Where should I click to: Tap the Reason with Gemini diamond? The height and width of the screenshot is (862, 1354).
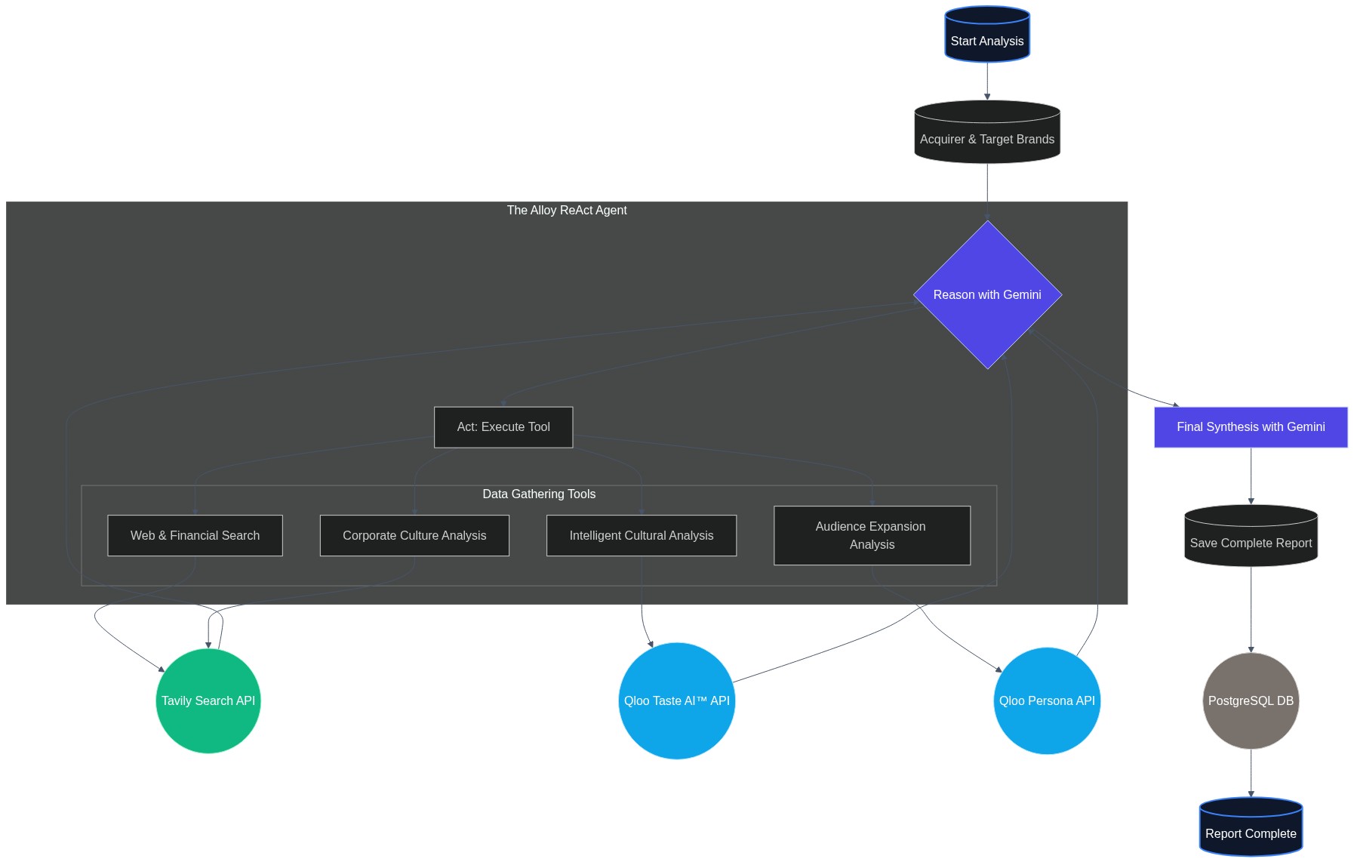coord(986,294)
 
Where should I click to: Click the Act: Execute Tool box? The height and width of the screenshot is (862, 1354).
coord(503,427)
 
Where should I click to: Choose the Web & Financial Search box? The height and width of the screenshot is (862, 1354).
coord(195,536)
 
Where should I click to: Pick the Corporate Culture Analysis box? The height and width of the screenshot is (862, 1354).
coord(414,536)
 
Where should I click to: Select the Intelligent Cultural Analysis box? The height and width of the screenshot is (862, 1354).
coord(641,536)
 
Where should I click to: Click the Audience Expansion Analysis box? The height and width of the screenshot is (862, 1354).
coord(872,536)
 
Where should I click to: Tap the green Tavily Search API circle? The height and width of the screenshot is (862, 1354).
coord(208,700)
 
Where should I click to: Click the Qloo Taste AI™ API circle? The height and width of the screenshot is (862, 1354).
coord(676,700)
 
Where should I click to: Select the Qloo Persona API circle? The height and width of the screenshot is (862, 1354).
coord(1047,700)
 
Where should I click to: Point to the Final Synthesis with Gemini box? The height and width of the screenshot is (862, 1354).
coord(1251,427)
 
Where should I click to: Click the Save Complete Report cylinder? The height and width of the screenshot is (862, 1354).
coord(1251,537)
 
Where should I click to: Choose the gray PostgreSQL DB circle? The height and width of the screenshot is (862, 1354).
coord(1251,700)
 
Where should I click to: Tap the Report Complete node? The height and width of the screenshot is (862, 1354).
coord(1251,828)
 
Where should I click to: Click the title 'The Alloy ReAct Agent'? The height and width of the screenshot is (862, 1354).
coord(566,211)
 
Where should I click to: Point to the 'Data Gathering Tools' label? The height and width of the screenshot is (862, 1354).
coord(539,494)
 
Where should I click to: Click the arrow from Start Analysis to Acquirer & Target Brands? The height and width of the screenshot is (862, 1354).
coord(986,81)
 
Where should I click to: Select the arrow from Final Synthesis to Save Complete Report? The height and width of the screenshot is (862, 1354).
coord(1251,476)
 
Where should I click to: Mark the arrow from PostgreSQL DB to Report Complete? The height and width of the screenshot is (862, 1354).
coord(1251,772)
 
